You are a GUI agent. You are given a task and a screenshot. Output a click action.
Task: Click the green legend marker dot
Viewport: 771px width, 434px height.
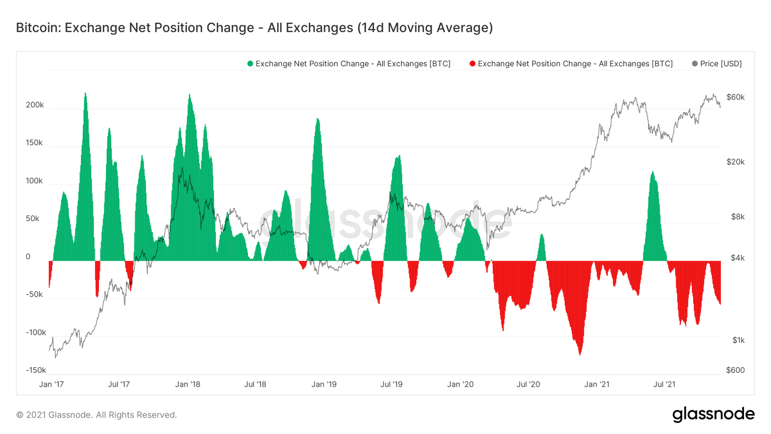[250, 64]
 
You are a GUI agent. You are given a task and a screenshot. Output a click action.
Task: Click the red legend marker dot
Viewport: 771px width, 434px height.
[472, 64]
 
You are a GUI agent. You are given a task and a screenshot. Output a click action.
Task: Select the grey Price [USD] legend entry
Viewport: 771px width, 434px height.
[716, 64]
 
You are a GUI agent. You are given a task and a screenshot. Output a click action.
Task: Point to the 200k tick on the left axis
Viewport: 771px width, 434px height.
[35, 105]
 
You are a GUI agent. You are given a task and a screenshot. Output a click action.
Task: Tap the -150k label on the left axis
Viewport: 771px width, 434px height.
[36, 370]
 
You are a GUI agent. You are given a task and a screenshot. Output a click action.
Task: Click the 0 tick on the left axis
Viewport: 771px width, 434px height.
[28, 257]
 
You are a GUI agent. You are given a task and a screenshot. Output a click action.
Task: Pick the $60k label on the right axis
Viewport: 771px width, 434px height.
[735, 97]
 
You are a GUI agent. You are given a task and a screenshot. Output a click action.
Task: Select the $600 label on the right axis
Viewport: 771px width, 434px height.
[735, 370]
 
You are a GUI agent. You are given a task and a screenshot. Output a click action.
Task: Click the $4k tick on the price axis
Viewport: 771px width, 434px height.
[737, 258]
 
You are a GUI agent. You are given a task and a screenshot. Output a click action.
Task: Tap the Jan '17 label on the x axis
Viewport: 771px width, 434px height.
[51, 384]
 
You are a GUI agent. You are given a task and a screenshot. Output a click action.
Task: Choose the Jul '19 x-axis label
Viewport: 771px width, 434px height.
[392, 384]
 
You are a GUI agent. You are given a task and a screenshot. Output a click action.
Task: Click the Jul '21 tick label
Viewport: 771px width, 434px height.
[664, 384]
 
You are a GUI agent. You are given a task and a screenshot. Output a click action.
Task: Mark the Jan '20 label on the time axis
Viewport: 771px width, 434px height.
[460, 384]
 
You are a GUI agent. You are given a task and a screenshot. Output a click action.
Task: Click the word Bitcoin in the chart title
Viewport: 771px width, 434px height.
[38, 28]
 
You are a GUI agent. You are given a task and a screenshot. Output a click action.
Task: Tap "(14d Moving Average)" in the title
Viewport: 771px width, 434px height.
[425, 28]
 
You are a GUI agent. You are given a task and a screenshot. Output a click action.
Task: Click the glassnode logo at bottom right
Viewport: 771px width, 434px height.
[713, 414]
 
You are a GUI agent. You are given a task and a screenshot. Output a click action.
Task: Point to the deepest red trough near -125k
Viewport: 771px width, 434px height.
[580, 354]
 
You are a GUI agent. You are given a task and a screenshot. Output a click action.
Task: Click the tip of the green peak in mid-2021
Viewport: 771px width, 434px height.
[653, 172]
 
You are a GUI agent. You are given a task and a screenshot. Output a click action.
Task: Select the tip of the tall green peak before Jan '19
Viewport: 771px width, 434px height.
[317, 119]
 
